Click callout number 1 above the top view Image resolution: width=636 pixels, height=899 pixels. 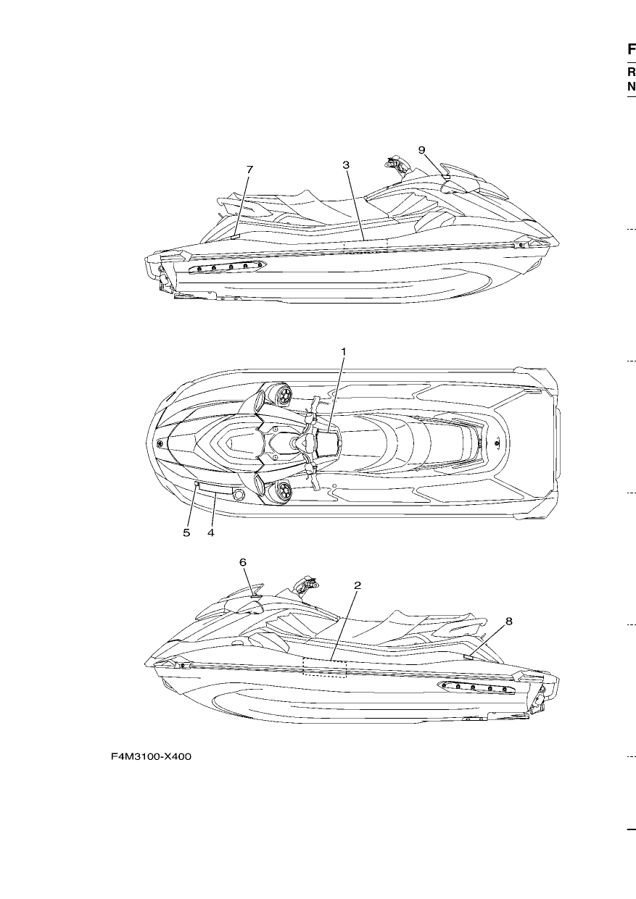[344, 351]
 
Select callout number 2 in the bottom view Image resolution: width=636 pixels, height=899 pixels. [358, 585]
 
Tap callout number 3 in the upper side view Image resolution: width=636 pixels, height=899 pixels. [346, 165]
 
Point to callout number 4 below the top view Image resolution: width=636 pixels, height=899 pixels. [211, 533]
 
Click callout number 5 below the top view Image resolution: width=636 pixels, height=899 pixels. [186, 533]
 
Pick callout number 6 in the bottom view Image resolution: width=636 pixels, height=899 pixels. [243, 563]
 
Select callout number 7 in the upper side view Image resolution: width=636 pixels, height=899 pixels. [249, 170]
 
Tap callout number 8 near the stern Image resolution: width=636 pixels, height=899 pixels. [509, 622]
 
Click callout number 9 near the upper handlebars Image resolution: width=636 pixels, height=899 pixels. [421, 150]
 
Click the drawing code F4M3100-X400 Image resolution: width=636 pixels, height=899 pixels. [151, 756]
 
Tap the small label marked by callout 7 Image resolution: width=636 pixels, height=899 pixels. [236, 237]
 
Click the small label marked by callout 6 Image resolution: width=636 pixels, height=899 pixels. [255, 597]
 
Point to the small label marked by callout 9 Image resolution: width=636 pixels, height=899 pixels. [445, 177]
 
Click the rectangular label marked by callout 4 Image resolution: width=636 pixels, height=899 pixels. [215, 488]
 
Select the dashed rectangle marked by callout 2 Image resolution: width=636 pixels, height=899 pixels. [325, 667]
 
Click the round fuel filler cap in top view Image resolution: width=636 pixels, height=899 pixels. [239, 495]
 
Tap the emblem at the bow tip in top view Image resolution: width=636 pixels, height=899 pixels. [161, 444]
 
